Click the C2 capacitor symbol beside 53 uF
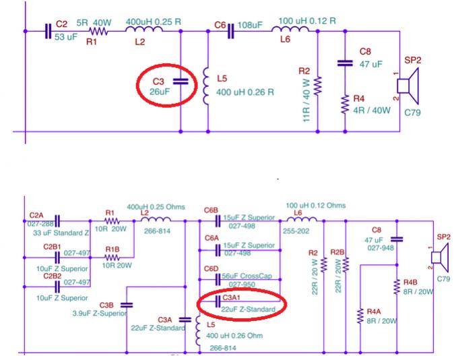click(48, 31)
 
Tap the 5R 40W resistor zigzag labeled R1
click(98, 31)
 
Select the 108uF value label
click(250, 25)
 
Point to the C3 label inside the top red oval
click(158, 82)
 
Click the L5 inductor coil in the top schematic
click(205, 86)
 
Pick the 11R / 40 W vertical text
click(306, 100)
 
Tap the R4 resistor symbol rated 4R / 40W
click(345, 104)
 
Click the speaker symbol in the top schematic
click(408, 86)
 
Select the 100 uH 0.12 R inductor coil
click(290, 29)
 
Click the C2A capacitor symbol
click(57, 221)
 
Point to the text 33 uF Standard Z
click(61, 233)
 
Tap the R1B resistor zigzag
click(112, 258)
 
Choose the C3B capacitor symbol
click(127, 305)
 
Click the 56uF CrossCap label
click(247, 276)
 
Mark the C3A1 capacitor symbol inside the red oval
click(218, 301)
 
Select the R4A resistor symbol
click(360, 316)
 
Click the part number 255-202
click(296, 231)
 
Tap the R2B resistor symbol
click(346, 264)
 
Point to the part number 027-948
click(381, 248)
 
